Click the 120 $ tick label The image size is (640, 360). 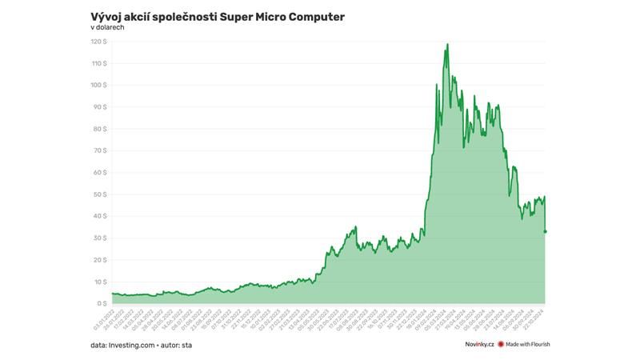click(100, 41)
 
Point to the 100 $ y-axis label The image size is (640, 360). click(100, 85)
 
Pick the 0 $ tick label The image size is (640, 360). click(103, 303)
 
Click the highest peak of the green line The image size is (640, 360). click(447, 44)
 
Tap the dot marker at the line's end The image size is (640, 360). click(546, 232)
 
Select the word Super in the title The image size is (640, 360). click(246, 16)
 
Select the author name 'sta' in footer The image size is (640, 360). click(186, 345)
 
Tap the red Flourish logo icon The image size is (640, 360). click(501, 345)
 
